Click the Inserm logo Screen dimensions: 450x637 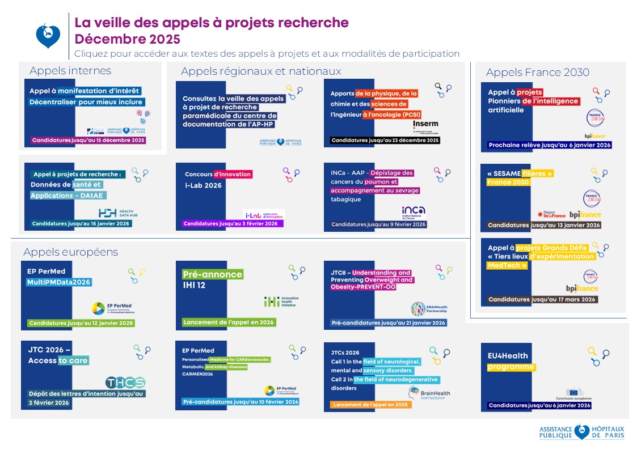tap(425, 125)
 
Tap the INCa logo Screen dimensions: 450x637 tap(413, 211)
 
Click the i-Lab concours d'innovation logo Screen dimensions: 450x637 tap(264, 214)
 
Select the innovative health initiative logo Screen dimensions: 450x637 tap(281, 302)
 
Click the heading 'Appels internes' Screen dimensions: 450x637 tap(70, 71)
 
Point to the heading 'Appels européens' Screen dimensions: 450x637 tap(70, 252)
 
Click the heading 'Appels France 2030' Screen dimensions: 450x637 tap(537, 72)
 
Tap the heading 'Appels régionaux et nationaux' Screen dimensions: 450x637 tap(261, 71)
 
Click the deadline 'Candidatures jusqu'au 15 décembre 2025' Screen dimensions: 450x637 tap(88, 140)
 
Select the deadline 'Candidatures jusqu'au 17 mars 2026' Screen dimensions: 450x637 tap(542, 299)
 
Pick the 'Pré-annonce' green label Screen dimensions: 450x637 tap(212, 274)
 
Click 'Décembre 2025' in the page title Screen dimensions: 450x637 tap(127, 39)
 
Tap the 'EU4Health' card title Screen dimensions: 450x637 tap(508, 356)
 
